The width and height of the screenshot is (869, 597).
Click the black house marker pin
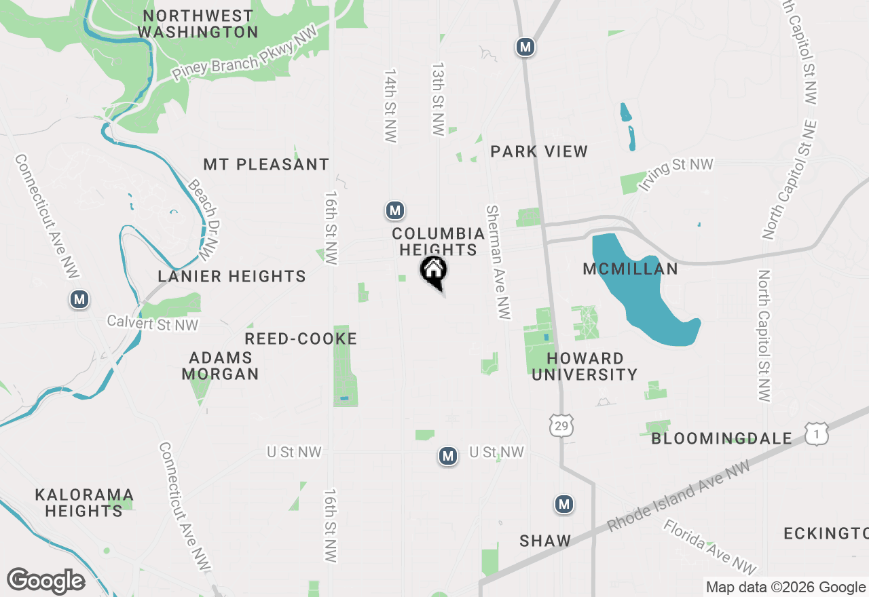(x=434, y=271)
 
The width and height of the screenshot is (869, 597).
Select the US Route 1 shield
(x=817, y=434)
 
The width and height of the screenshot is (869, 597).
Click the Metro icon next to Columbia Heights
(x=394, y=210)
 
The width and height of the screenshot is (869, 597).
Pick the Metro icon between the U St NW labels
(x=447, y=456)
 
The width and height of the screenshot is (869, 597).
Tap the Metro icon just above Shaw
(x=563, y=504)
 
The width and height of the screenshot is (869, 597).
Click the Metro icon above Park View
(x=524, y=46)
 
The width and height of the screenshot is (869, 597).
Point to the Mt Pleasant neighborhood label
(x=266, y=164)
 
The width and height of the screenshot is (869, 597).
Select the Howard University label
(x=585, y=366)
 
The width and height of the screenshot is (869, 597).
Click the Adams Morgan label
(x=221, y=366)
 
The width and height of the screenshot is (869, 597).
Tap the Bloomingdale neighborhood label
(x=722, y=438)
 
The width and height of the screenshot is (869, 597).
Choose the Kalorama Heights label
(x=84, y=503)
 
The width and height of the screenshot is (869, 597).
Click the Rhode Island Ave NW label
(x=679, y=495)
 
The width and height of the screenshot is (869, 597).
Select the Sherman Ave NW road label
(x=498, y=261)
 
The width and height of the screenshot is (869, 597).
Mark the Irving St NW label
(x=676, y=174)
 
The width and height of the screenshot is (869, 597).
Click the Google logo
(x=45, y=581)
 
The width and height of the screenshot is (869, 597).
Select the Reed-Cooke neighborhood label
(x=301, y=339)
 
